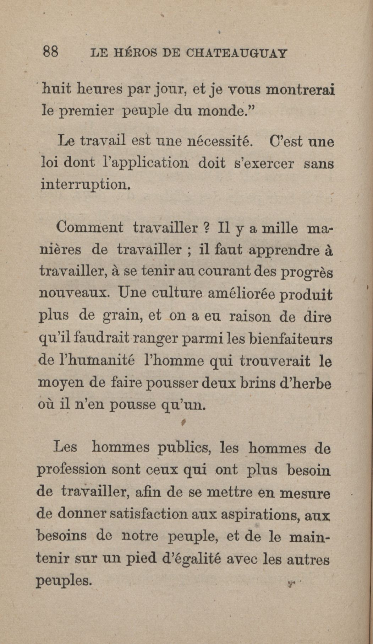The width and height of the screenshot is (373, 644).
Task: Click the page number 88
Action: pos(50,52)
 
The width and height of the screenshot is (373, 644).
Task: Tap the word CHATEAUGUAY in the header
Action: pos(236,53)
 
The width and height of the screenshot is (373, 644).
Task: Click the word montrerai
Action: pos(301,90)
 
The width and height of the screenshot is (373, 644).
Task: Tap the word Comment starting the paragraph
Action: pos(90,227)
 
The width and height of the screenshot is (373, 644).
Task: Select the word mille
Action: pos(280,228)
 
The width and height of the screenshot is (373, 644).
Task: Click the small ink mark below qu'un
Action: pos(183,422)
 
